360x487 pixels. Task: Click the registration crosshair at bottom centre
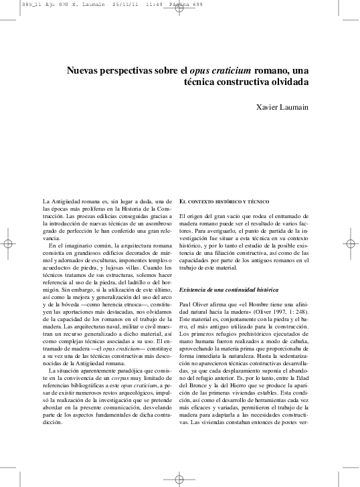179,479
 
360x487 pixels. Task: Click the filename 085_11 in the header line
13,3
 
